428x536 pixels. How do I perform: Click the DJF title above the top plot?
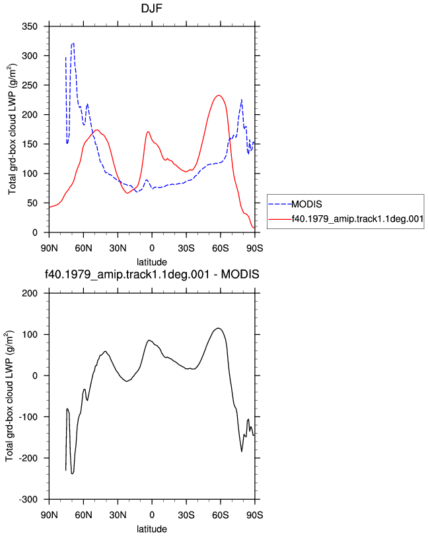[151, 8]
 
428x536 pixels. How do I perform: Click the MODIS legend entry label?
[306, 204]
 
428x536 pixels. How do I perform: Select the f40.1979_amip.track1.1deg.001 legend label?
[357, 218]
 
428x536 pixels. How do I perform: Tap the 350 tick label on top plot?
[30, 26]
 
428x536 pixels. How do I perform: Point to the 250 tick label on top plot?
[30, 85]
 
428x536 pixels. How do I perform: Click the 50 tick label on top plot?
[32, 203]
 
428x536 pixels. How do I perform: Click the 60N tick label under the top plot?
[83, 248]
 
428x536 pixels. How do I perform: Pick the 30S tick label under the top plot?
[186, 248]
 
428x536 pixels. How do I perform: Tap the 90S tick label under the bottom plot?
[254, 515]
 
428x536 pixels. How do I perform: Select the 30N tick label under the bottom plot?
[118, 515]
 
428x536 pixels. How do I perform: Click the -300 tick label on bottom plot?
[28, 500]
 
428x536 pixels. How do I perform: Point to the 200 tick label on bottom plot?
[30, 293]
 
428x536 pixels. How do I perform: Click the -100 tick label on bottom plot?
[28, 417]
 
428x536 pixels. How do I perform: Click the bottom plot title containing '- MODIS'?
[152, 274]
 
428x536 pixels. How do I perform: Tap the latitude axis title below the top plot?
[152, 262]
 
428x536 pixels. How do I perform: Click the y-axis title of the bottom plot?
[10, 396]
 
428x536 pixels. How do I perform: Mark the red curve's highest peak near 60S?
[218, 95]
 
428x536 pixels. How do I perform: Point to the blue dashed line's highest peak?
[73, 44]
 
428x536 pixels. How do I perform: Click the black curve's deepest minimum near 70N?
[72, 474]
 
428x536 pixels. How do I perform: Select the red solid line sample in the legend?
[280, 219]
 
